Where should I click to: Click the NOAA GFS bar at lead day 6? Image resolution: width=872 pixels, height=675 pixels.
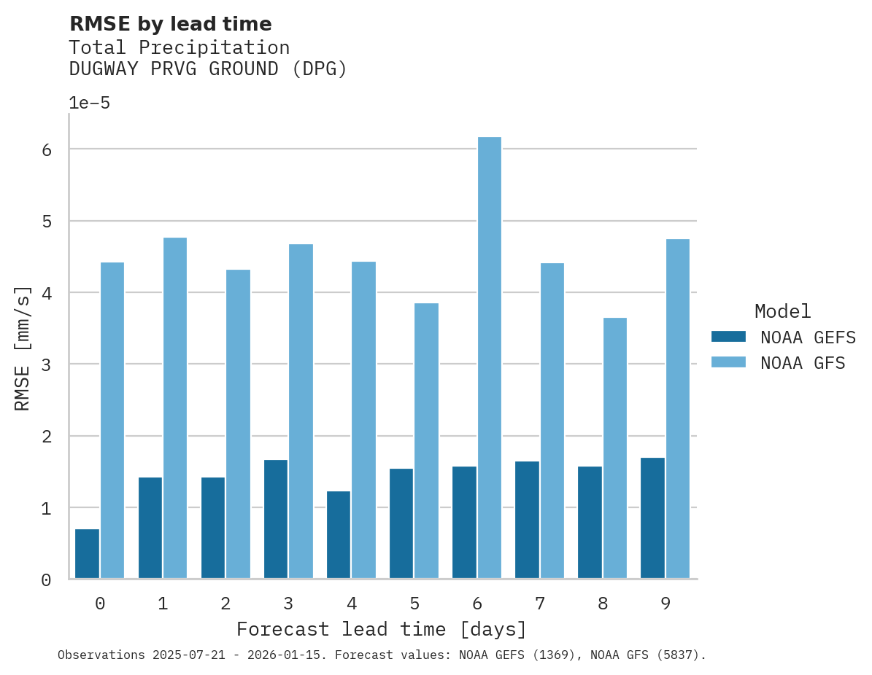tap(490, 357)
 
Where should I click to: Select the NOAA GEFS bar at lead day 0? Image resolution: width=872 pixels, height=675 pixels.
tap(87, 554)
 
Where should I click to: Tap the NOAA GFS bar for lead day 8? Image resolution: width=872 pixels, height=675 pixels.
tap(615, 448)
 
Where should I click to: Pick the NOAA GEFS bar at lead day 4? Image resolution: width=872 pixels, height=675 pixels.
tap(339, 535)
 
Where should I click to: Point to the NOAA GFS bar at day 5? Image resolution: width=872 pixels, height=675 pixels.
tap(427, 441)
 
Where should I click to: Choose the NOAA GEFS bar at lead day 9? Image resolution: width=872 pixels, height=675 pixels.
tap(652, 518)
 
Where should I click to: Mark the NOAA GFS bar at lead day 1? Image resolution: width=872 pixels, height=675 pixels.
tap(175, 408)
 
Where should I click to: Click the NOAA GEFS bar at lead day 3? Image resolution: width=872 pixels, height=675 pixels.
tap(276, 519)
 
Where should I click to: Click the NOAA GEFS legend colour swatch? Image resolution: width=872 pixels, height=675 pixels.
tap(728, 337)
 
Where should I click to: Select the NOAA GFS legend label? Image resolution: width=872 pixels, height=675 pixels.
tap(803, 363)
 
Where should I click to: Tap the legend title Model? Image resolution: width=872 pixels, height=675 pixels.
tap(782, 312)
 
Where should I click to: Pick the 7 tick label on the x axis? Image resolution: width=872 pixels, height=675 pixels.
tap(540, 604)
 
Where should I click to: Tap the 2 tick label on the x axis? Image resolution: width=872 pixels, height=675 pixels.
tap(225, 604)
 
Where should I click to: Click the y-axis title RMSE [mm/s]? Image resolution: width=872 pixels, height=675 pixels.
tap(23, 348)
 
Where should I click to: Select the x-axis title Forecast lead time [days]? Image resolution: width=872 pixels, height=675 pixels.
tap(382, 629)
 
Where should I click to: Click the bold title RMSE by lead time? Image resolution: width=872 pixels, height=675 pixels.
tap(170, 24)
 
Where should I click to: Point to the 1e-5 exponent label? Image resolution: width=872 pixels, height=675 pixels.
tap(90, 103)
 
